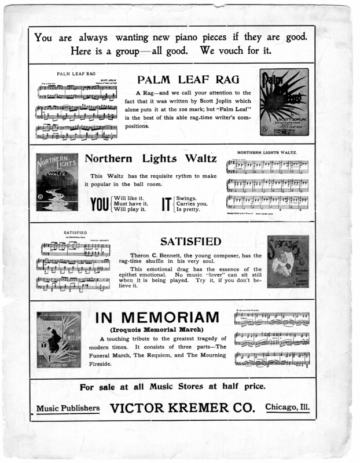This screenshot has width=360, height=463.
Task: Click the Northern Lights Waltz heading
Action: pos(150,158)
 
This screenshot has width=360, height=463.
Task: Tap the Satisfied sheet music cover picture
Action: pos(287,261)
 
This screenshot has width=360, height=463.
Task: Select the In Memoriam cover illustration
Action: pos(58,340)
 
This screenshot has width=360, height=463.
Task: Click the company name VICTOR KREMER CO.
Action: pos(182,408)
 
